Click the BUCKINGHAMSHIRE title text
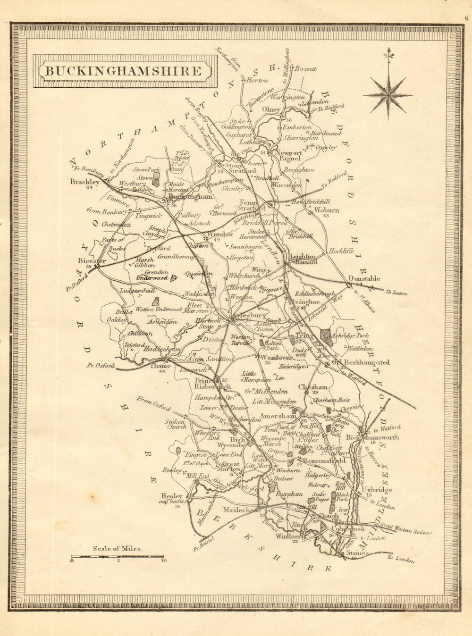(122, 72)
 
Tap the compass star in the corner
(388, 93)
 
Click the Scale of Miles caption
(118, 549)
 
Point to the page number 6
(466, 19)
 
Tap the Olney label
(271, 109)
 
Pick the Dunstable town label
(364, 279)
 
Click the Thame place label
(159, 365)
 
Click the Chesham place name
(313, 387)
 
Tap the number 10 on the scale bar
(163, 561)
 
